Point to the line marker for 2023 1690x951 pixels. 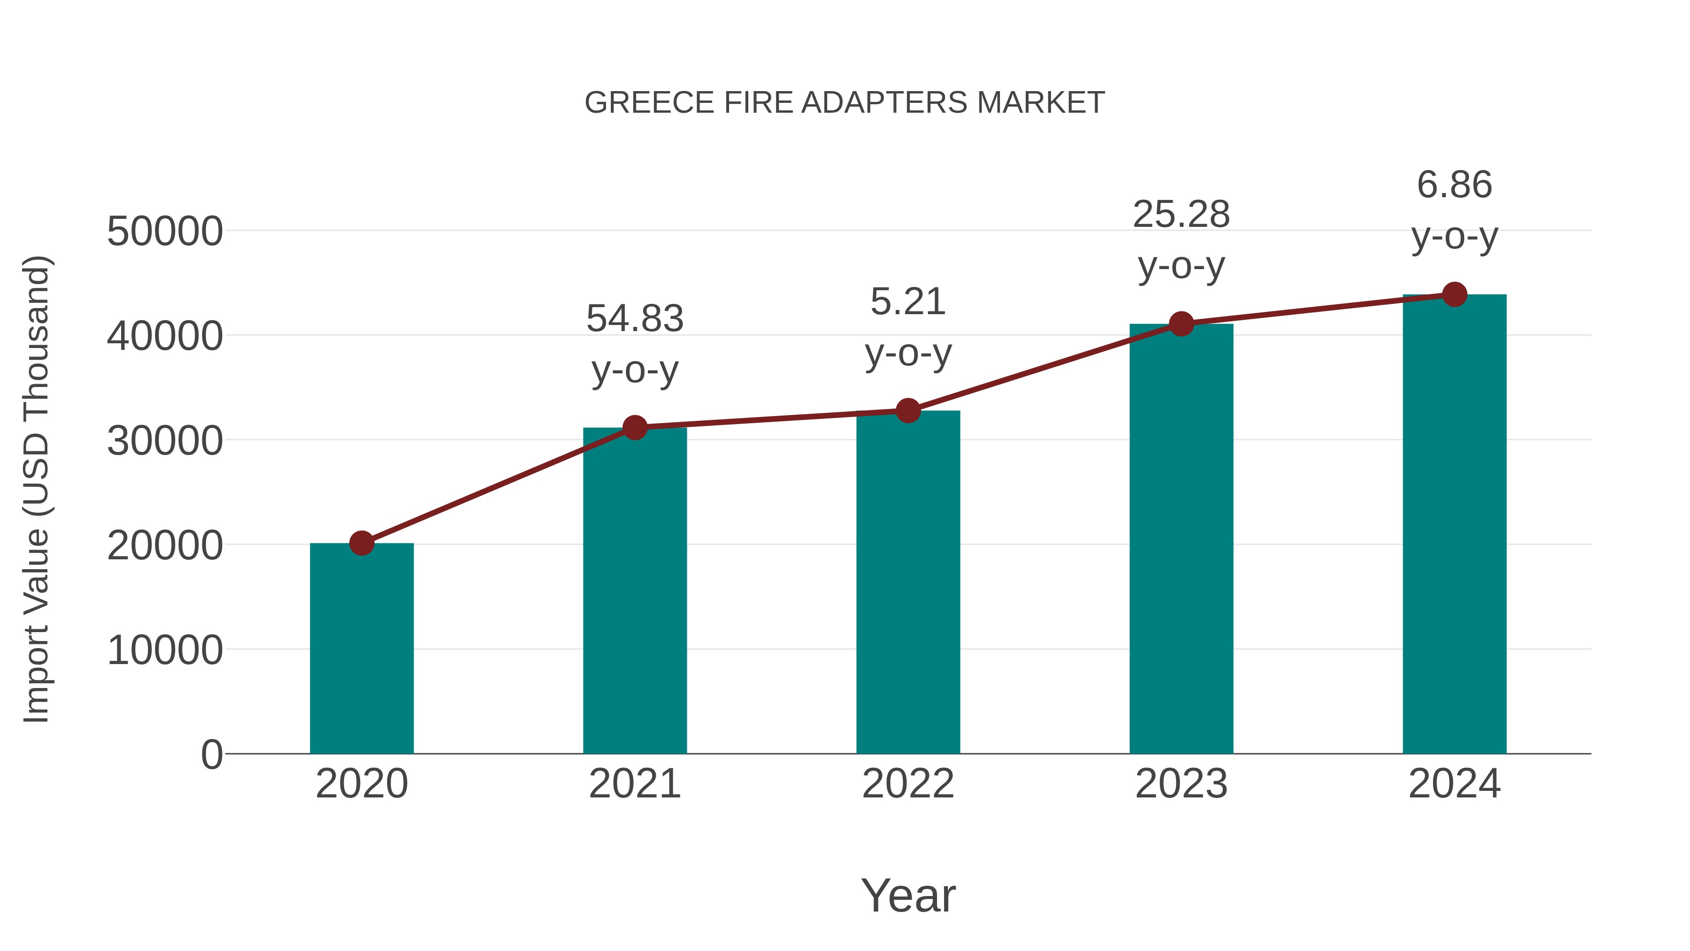1181,324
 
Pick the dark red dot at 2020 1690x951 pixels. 361,543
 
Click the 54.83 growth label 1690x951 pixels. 634,319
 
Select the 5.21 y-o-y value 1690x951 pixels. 908,302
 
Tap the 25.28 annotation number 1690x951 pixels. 1181,215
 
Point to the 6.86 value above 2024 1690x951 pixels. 1454,185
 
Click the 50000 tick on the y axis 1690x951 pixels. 165,232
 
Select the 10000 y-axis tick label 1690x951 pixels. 165,650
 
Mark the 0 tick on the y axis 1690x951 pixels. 211,755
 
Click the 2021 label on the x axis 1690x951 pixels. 634,784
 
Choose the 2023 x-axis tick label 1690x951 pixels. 1181,784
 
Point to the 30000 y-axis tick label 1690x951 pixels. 165,441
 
